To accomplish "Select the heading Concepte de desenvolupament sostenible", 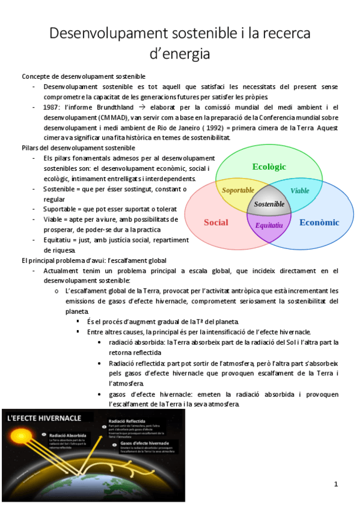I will (84, 76).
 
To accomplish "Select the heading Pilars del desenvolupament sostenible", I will (79, 147).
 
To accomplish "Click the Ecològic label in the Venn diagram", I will (269, 167).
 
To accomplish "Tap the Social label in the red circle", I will (216, 223).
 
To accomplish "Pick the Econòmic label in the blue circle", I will (319, 223).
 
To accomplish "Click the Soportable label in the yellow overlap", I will (239, 191).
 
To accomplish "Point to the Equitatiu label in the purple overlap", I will (269, 226).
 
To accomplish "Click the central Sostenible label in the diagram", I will (269, 204).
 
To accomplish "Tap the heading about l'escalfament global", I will (94, 260).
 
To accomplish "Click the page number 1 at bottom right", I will (336, 484).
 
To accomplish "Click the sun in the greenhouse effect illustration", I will (15, 448).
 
